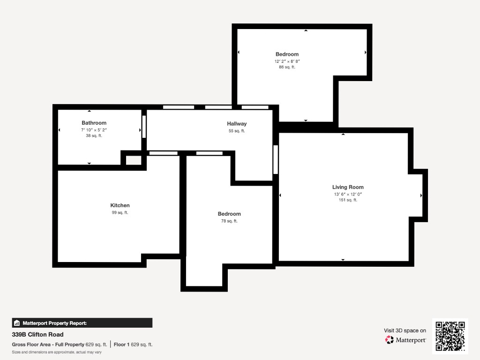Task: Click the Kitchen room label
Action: [120, 205]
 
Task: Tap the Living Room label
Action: [348, 187]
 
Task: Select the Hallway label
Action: [237, 124]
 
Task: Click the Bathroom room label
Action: [94, 123]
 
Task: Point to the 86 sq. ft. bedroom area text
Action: [287, 67]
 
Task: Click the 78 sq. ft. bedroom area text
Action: [229, 221]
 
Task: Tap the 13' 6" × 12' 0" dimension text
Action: [348, 194]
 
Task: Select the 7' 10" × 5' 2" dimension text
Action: [94, 130]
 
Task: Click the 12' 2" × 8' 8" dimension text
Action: [287, 61]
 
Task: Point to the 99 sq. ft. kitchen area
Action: [120, 212]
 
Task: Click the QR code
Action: [450, 336]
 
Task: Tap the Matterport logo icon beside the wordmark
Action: [390, 340]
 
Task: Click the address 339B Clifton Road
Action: [37, 335]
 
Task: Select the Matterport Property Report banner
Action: [82, 323]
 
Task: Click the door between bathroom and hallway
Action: [144, 127]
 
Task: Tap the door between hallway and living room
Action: [276, 159]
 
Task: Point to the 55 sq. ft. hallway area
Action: [237, 131]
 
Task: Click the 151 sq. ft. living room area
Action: [348, 200]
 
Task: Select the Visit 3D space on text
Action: [405, 330]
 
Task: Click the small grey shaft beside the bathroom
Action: [134, 160]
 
